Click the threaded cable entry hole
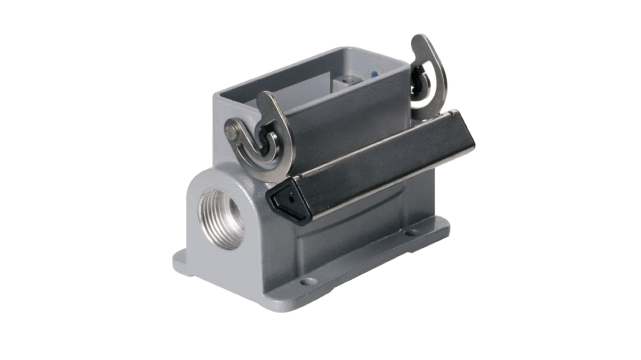click(221, 219)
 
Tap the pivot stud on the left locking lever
click(232, 132)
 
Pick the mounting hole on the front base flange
click(309, 282)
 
